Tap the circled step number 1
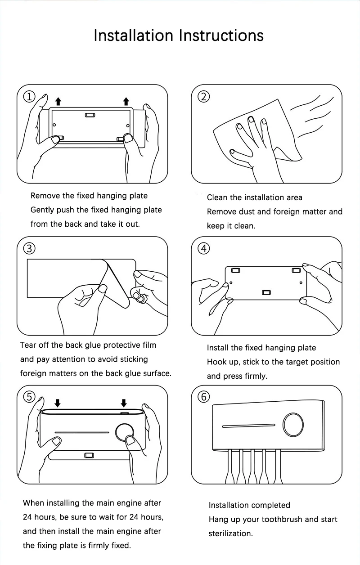coord(30,96)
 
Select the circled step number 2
coord(204,96)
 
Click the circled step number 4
coord(204,248)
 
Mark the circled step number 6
coord(204,397)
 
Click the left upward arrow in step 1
coord(58,101)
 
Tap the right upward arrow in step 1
coord(126,101)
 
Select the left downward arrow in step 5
coord(57,402)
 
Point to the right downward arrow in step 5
coord(124,402)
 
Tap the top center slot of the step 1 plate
coord(90,115)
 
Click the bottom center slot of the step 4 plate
coord(266,293)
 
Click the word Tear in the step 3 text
coord(27,345)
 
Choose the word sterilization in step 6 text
coord(230,534)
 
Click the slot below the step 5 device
coord(89,455)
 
